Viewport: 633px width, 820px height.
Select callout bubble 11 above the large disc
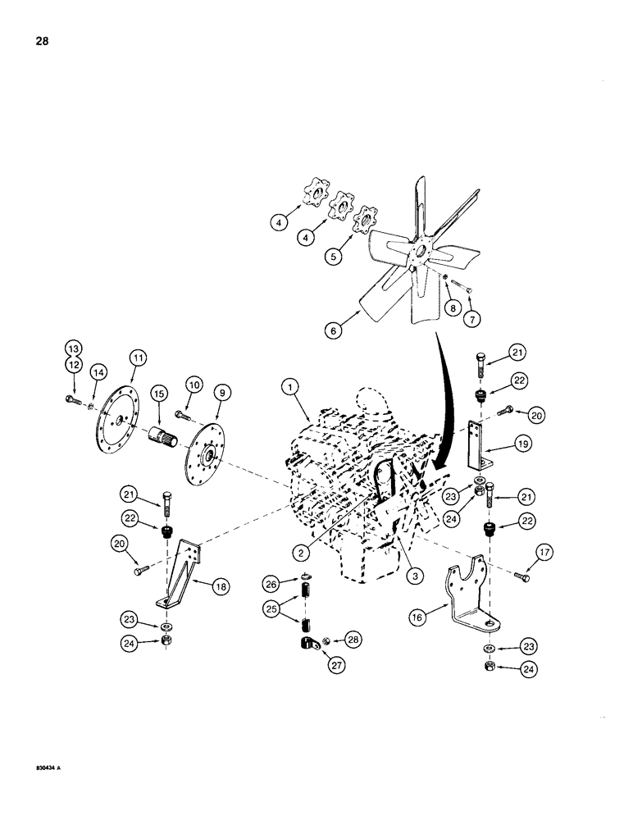pos(138,357)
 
